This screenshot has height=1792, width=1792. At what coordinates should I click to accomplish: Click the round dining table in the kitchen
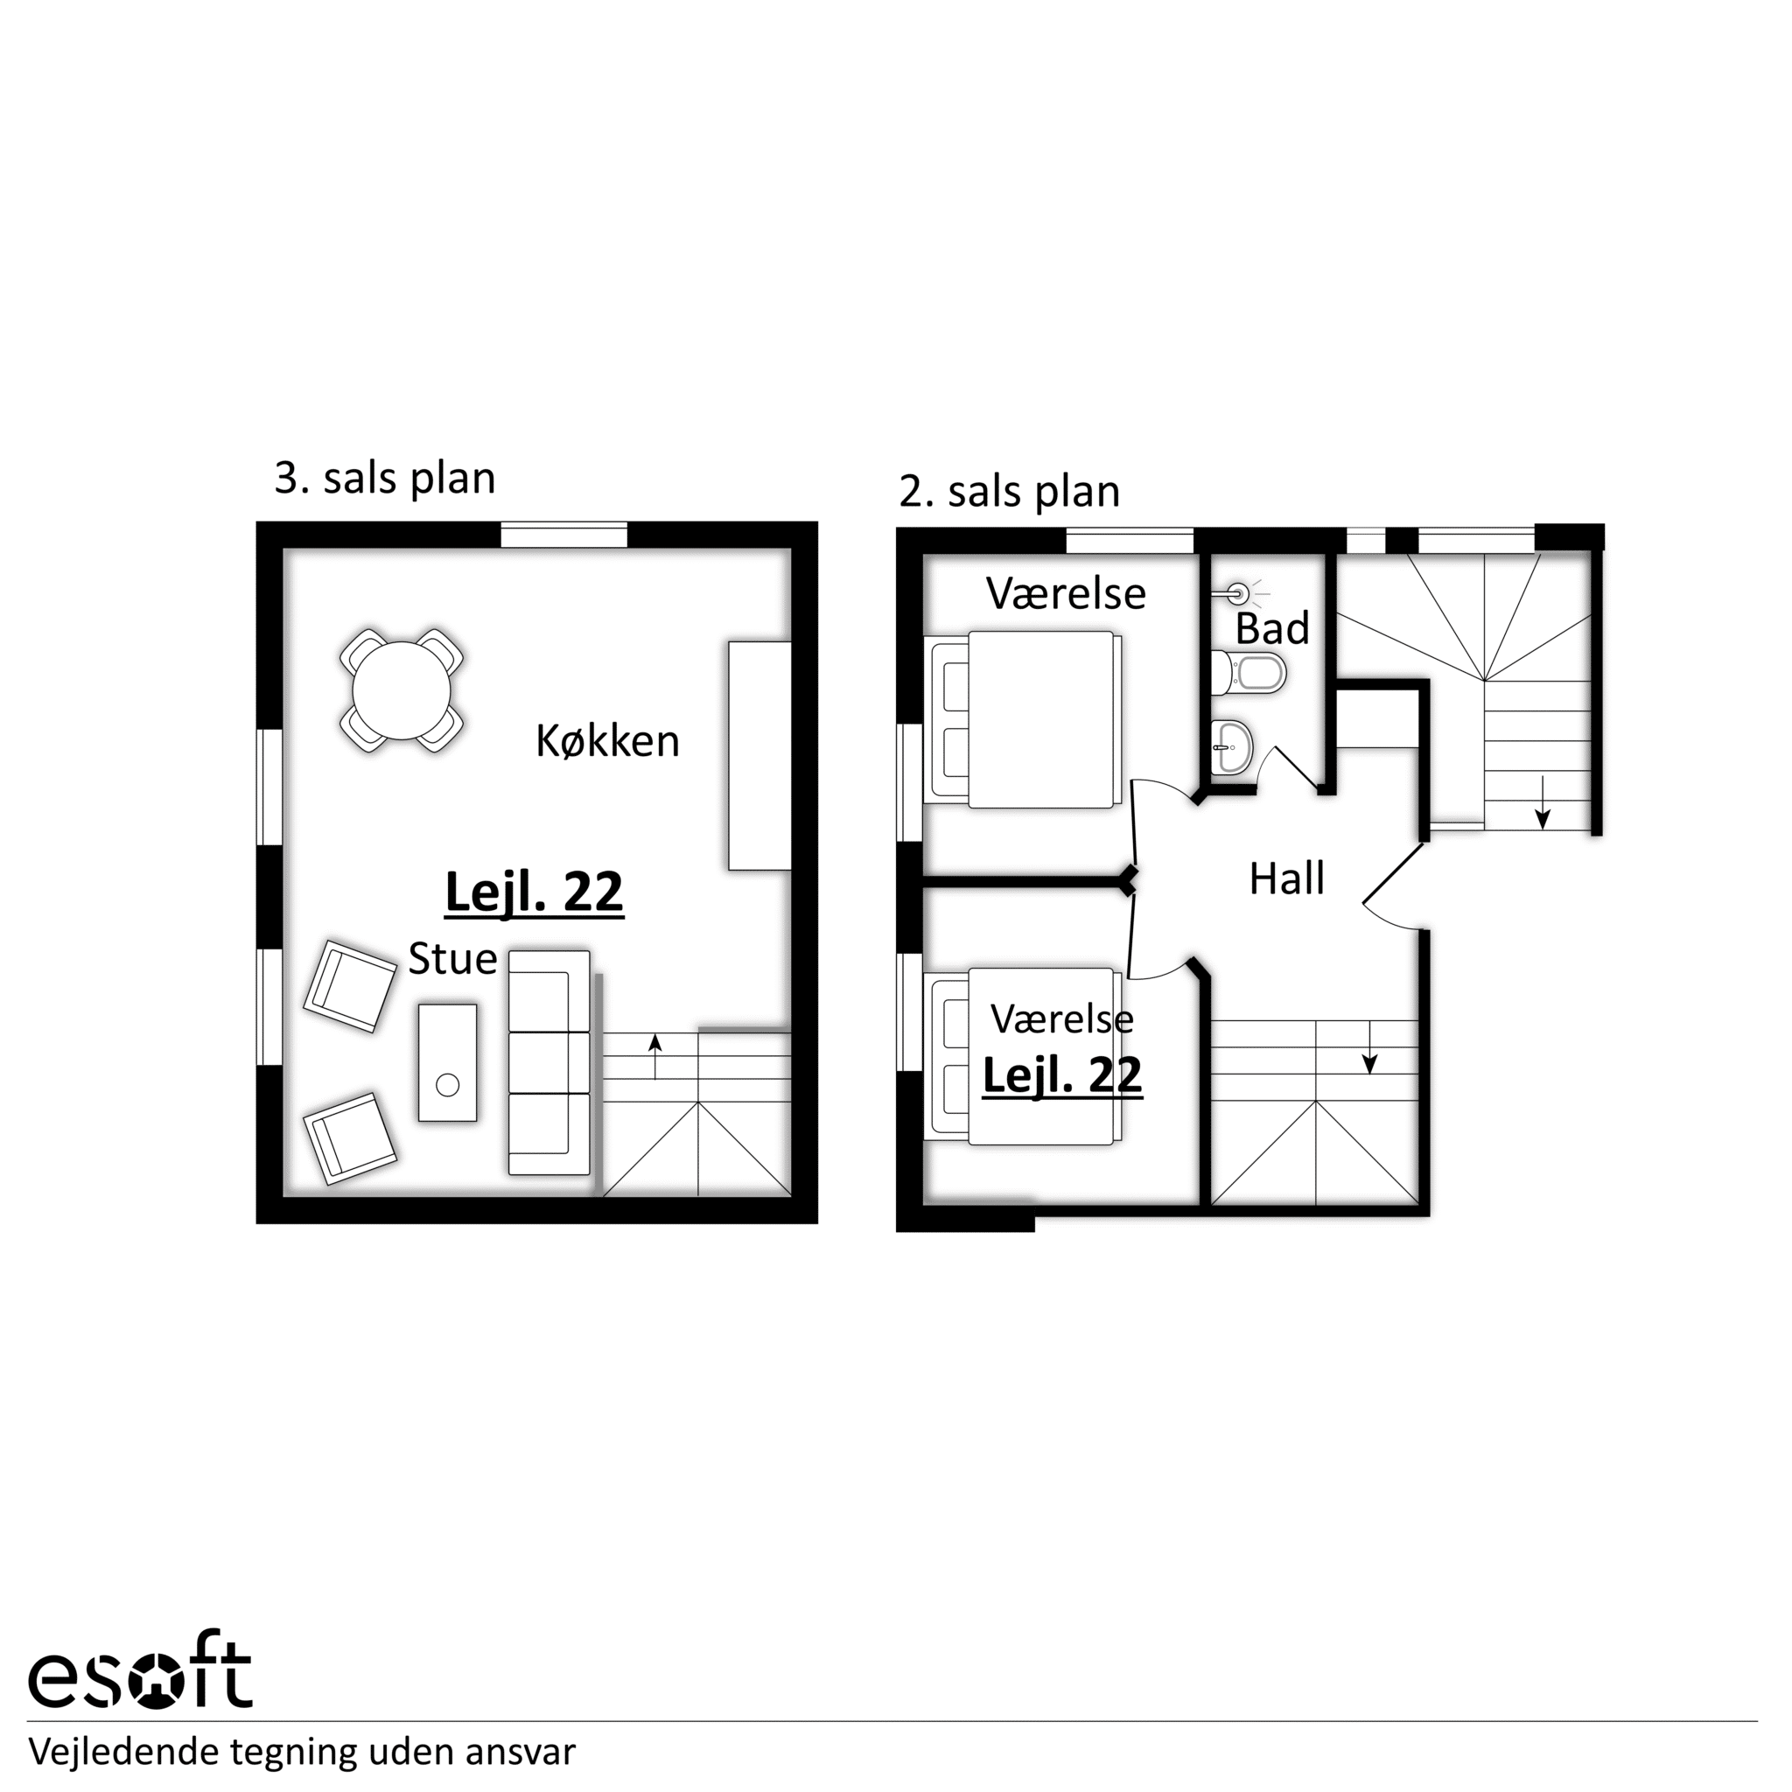pos(402,691)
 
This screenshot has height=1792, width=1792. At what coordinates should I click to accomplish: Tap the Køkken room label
pos(607,741)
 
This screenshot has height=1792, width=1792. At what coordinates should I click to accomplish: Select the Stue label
pos(452,958)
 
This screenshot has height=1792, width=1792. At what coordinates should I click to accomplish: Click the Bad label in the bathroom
pos(1271,628)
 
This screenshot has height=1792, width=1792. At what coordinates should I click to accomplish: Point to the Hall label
pos(1286,878)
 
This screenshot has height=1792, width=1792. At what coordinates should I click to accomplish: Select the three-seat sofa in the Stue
pos(549,1062)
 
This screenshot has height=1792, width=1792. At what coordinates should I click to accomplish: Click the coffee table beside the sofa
pos(448,1063)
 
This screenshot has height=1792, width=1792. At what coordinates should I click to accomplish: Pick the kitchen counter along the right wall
pos(759,755)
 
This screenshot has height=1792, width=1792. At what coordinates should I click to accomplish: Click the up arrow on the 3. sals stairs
pos(654,1056)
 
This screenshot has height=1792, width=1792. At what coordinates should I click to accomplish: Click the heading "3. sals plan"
pos(385,478)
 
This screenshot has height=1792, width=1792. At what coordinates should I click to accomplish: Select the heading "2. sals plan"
pos(1009,491)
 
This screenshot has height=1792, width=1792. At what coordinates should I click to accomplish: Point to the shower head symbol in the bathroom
pos(1238,591)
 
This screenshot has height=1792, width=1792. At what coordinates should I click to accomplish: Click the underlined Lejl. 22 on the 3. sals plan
pos(535,892)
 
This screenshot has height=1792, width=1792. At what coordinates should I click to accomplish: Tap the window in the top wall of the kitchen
pos(564,535)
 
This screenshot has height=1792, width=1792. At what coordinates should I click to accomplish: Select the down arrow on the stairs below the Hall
pos(1369,1047)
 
